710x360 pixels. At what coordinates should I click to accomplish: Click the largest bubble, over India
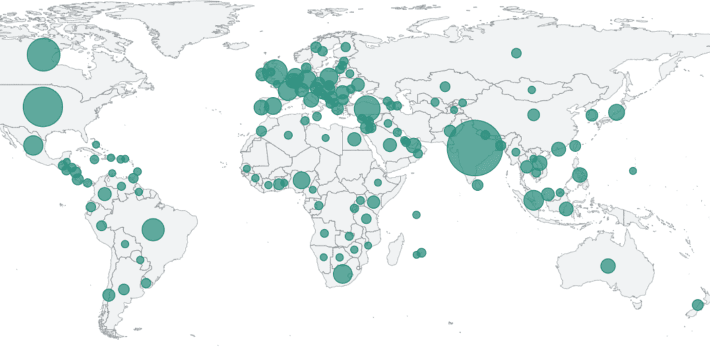474,148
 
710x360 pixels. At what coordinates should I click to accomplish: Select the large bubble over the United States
43,107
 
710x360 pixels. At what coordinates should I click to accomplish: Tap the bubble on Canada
43,55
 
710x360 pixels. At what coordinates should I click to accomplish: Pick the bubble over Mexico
33,145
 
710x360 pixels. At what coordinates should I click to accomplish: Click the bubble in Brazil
153,229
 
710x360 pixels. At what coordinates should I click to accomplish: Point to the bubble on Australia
608,266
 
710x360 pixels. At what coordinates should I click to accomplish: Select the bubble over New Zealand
698,305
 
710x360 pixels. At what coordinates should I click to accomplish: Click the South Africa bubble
343,274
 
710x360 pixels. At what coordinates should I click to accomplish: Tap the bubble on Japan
616,112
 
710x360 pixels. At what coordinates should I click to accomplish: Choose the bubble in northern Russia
516,53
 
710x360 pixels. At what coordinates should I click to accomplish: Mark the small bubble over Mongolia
531,90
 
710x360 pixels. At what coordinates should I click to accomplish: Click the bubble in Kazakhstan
445,87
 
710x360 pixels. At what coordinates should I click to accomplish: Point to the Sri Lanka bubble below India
478,185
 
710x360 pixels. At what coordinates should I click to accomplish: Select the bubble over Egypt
354,139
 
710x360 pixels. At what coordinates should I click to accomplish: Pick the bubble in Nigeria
302,180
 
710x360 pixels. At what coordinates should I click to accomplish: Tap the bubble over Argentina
124,289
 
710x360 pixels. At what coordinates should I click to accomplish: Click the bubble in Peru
101,225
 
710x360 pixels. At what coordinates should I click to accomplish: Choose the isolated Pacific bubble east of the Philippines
633,170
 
